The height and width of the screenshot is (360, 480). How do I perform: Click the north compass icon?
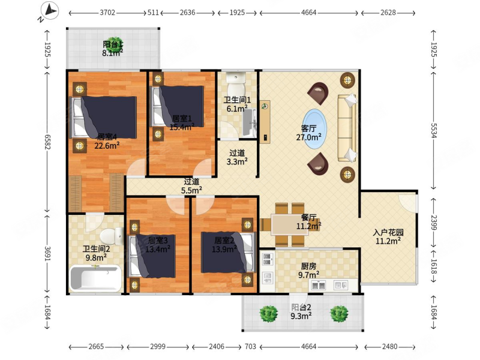(49, 11)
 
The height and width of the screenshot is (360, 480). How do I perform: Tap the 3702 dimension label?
(107, 13)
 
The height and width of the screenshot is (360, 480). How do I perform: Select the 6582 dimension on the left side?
(47, 142)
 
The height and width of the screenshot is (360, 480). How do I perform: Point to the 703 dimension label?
(250, 347)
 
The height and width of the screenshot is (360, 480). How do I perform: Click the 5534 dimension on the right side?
(433, 131)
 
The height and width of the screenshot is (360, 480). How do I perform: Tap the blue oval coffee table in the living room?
(315, 129)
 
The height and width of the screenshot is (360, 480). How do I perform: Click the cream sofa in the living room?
(347, 128)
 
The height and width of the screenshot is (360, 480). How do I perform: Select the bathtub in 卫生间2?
(95, 278)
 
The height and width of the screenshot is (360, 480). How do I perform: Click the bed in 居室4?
(103, 118)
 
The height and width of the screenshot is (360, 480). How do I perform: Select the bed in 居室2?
(228, 253)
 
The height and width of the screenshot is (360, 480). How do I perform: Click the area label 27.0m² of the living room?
(308, 137)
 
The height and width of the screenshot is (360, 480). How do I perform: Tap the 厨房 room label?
(308, 266)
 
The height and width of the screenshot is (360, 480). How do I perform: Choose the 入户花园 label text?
(388, 232)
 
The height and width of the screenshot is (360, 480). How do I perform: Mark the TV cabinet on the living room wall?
(265, 122)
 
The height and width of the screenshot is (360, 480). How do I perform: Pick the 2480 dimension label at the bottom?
(389, 347)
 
